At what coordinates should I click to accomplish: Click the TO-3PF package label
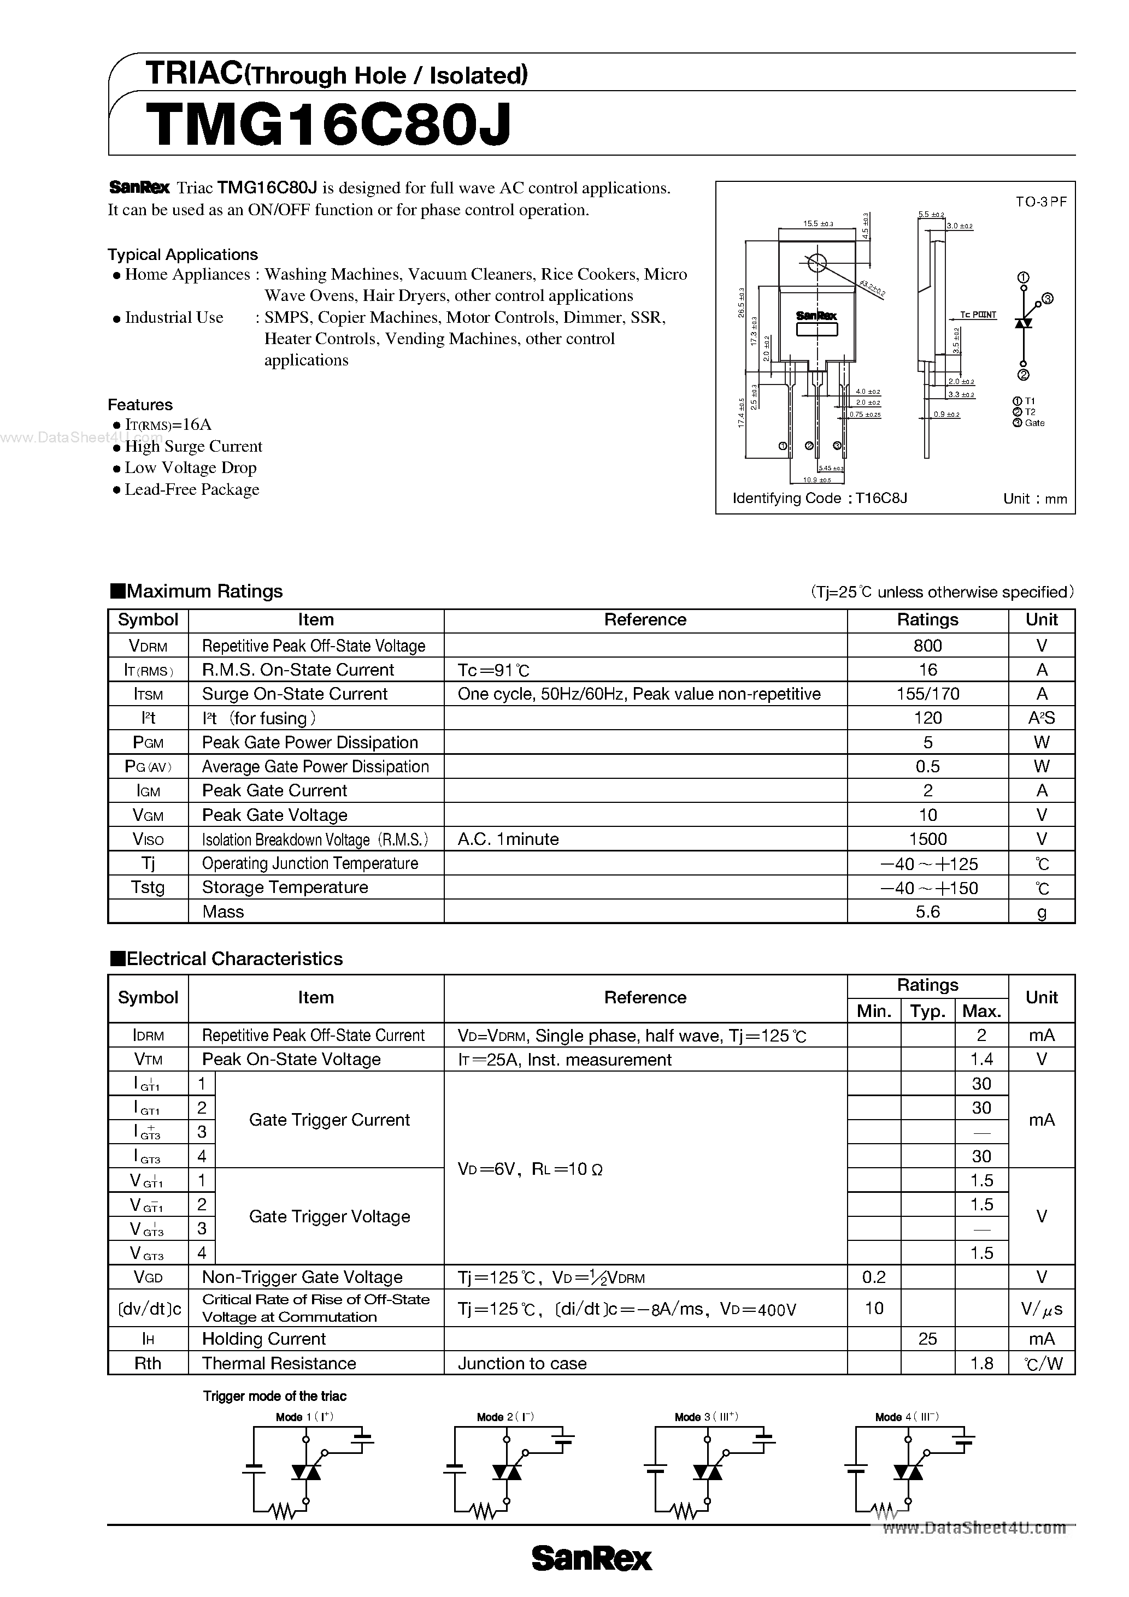[x=1040, y=202]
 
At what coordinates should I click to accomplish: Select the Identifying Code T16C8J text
[x=819, y=498]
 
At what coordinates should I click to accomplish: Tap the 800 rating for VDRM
[x=927, y=646]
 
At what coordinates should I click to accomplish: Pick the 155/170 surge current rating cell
[x=927, y=694]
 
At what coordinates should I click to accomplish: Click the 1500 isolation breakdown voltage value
[x=927, y=839]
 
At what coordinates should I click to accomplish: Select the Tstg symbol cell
[x=148, y=887]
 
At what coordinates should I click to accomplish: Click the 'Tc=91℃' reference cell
[x=493, y=670]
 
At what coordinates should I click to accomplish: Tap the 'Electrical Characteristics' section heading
[x=234, y=959]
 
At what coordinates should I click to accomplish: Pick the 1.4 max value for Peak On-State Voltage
[x=981, y=1060]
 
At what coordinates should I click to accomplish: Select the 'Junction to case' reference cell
[x=522, y=1363]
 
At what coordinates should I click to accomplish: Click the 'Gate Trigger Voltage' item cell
[x=329, y=1216]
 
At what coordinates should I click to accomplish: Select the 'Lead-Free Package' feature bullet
[x=191, y=490]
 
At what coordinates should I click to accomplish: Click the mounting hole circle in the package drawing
[x=817, y=263]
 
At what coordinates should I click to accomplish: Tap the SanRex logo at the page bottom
[x=592, y=1559]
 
